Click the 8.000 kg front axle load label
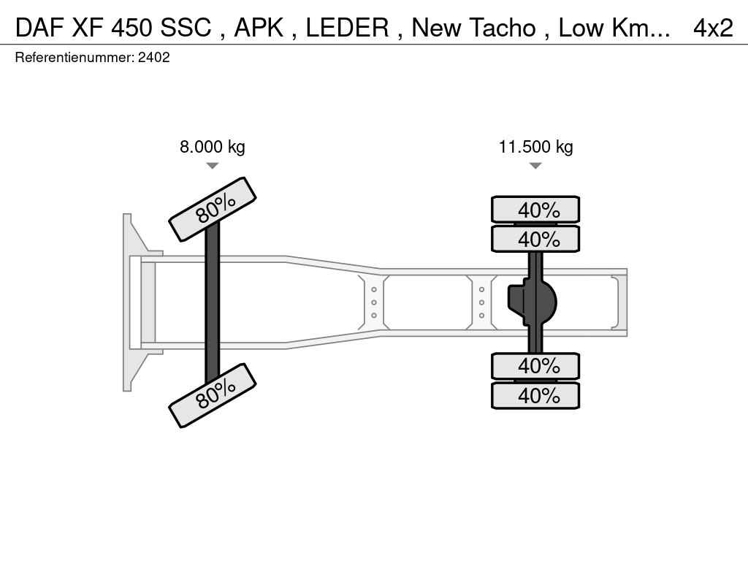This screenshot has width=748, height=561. click(x=213, y=146)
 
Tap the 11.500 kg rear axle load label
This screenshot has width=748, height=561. click(x=535, y=146)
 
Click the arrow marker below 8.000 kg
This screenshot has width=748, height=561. click(x=213, y=166)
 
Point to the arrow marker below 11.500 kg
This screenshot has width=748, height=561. click(x=535, y=166)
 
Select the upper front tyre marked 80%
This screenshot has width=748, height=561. click(x=213, y=210)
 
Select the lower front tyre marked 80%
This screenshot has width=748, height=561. click(x=213, y=395)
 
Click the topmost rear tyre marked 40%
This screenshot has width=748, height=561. click(x=535, y=210)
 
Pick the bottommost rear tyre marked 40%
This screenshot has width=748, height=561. click(x=535, y=395)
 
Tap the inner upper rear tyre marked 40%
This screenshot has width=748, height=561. click(x=535, y=239)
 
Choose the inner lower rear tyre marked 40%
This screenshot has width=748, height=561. click(x=535, y=367)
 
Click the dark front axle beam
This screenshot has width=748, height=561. click(x=213, y=302)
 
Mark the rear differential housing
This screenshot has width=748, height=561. click(x=532, y=302)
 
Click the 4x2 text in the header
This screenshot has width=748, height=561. click(x=713, y=28)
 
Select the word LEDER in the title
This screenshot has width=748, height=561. click(x=347, y=28)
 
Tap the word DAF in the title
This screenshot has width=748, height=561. click(x=40, y=28)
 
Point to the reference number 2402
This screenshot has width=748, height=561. click(x=153, y=58)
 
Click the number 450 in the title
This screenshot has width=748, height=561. click(x=132, y=28)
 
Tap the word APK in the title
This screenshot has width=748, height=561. click(x=259, y=28)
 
